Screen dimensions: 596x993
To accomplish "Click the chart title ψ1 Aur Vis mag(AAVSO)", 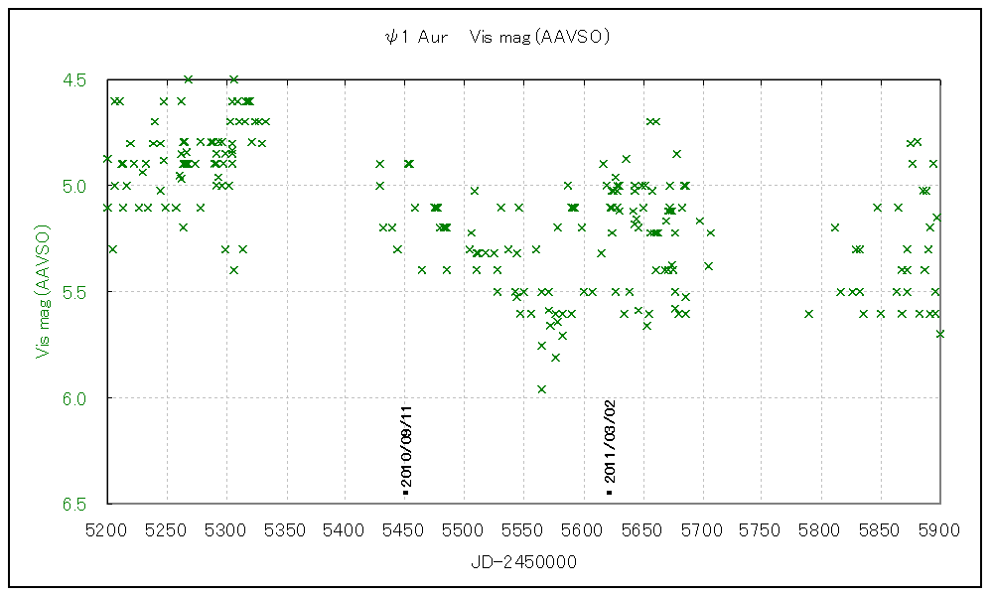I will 496,37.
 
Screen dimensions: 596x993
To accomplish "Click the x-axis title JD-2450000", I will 523,562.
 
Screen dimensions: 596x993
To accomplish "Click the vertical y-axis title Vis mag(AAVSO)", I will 43,290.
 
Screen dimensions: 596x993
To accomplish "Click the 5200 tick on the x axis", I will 107,530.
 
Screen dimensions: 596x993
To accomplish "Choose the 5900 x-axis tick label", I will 939,530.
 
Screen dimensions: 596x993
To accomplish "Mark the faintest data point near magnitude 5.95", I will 541,388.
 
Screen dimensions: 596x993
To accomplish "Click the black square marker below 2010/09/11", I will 405,492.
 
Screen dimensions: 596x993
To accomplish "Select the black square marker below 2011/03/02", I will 610,492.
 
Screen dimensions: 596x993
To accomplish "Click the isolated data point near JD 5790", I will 809,313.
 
